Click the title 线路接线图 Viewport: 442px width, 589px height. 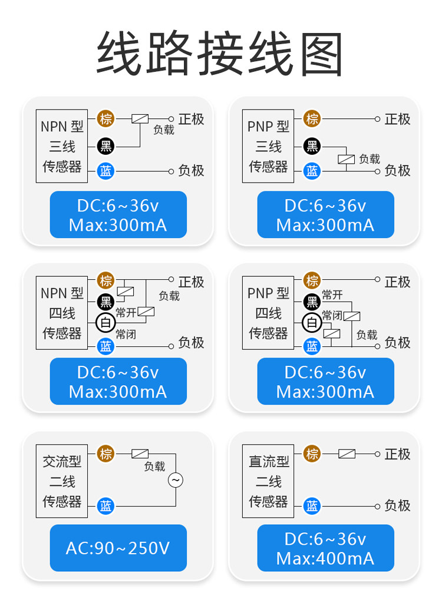pos(220,54)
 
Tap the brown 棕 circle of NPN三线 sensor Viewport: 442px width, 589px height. pos(105,118)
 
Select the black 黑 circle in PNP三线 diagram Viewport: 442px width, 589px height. pos(312,145)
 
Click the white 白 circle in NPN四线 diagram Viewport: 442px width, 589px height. pos(105,322)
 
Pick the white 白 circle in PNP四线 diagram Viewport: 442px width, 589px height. pos(312,322)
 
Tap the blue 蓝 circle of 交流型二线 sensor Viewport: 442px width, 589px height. pos(105,505)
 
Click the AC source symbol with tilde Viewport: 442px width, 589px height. pos(176,480)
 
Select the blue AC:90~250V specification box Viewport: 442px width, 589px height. pos(118,548)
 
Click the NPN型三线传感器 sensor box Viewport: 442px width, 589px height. pos(62,146)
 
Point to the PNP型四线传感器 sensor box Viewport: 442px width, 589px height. pos(268,313)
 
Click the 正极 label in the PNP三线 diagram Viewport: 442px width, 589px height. pos(397,119)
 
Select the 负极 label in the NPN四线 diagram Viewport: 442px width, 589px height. pos(191,342)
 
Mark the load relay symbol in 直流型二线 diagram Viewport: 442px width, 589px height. pos(347,454)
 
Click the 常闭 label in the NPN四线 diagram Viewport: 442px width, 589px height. pos(126,335)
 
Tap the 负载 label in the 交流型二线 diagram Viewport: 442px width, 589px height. pos(154,466)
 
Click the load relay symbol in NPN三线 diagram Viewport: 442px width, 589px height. pos(140,118)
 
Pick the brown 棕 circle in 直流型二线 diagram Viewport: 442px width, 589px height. pos(312,454)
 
